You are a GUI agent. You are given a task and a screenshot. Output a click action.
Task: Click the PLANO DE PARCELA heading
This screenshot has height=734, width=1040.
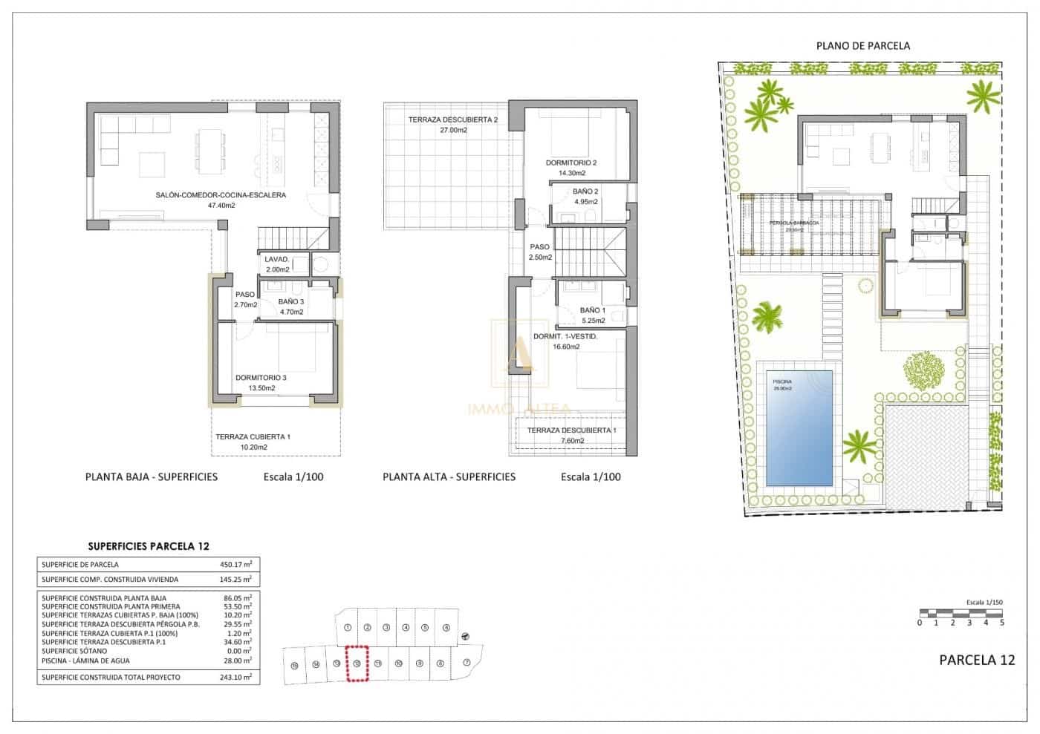pos(862,45)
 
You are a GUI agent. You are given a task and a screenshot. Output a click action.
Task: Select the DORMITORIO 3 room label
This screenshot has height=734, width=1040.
pos(261,378)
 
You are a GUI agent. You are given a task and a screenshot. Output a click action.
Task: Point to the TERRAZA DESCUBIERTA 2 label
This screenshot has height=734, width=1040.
pos(452,119)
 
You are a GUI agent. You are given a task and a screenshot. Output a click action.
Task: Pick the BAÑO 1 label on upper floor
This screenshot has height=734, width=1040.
pos(592,310)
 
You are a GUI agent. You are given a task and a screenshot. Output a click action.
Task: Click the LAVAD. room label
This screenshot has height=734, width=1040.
pos(276,260)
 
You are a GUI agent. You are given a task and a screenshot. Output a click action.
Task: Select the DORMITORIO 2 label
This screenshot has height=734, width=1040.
pos(571,163)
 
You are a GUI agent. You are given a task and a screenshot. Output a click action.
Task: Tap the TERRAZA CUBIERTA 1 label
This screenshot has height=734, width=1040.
pos(253,437)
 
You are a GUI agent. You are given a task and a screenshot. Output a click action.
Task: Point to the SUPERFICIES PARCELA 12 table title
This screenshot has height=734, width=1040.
pos(149,546)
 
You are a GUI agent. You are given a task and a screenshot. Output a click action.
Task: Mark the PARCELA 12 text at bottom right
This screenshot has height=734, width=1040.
pos(976,660)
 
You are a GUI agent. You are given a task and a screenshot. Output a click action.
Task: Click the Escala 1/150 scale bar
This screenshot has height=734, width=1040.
pos(961,613)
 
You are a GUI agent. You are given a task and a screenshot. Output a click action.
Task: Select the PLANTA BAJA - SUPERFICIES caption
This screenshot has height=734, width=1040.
pos(152,476)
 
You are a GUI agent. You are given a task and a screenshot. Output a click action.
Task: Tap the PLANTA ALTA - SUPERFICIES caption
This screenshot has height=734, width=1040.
pos(449,476)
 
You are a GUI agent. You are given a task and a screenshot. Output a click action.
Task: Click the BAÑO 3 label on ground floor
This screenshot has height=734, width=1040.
pos(290,302)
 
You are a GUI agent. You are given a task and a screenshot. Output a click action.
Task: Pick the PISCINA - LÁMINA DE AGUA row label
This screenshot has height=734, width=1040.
pos(85,661)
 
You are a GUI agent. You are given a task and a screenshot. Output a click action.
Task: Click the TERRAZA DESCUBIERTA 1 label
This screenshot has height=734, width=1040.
pos(571,430)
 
